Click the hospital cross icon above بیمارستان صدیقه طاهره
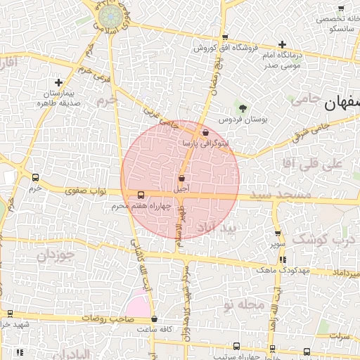[58, 83]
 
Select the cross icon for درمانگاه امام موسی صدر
[282, 45]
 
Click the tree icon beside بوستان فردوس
[243, 108]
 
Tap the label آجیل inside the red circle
[181, 189]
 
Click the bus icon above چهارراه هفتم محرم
[141, 195]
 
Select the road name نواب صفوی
[84, 190]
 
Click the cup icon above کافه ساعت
[155, 319]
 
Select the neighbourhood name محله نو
[243, 305]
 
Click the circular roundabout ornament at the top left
[109, 15]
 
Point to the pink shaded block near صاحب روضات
[137, 307]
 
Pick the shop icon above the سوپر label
[278, 233]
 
